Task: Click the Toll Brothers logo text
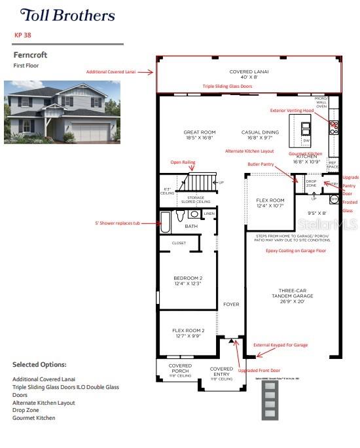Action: (67, 15)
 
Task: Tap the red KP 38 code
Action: (24, 35)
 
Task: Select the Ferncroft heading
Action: (31, 55)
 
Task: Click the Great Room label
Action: (199, 135)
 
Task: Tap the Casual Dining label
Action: (260, 135)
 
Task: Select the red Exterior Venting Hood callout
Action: (297, 111)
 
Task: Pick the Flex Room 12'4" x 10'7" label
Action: (270, 203)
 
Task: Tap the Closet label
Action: (179, 243)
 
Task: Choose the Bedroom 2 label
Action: (187, 280)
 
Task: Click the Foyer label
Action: (230, 305)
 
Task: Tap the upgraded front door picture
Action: (269, 400)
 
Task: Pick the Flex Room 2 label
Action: (188, 333)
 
